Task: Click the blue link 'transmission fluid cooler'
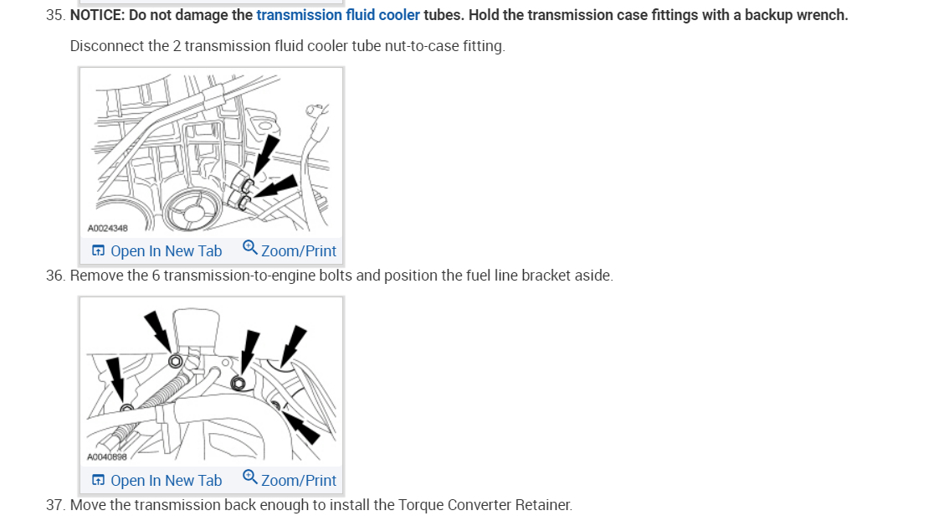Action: [x=338, y=15]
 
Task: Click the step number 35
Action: [x=56, y=15]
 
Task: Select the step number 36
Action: [x=56, y=276]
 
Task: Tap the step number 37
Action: [x=56, y=505]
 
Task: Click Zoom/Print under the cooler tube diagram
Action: [x=298, y=250]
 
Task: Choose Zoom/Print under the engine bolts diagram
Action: [x=298, y=480]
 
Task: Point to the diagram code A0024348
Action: [x=108, y=228]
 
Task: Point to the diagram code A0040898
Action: [x=108, y=457]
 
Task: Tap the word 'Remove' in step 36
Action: [x=96, y=276]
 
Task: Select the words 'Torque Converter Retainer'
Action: [x=484, y=505]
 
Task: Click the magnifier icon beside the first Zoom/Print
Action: [x=249, y=248]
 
